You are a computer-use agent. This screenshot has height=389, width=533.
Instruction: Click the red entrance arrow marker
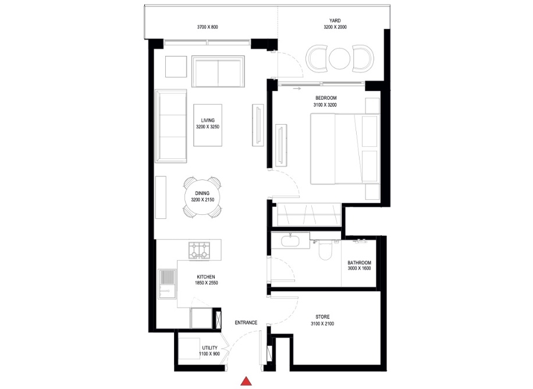pos(247,381)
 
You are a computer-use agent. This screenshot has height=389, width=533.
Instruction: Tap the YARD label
pos(335,20)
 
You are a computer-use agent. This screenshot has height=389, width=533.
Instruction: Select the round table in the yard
pos(339,58)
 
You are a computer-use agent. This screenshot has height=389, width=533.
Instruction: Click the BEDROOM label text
pos(326,98)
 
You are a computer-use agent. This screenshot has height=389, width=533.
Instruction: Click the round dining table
pos(200,197)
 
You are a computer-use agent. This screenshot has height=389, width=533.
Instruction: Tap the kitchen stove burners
pos(199,250)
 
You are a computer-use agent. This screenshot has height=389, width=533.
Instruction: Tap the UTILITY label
pos(209,348)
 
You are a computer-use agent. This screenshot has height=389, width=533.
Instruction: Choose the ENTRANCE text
pos(246,323)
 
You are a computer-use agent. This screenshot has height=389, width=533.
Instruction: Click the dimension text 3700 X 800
pos(207,27)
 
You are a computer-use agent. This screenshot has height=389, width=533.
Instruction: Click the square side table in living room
pos(176,66)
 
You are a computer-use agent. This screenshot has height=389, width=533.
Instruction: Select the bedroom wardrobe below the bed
pos(308,214)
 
